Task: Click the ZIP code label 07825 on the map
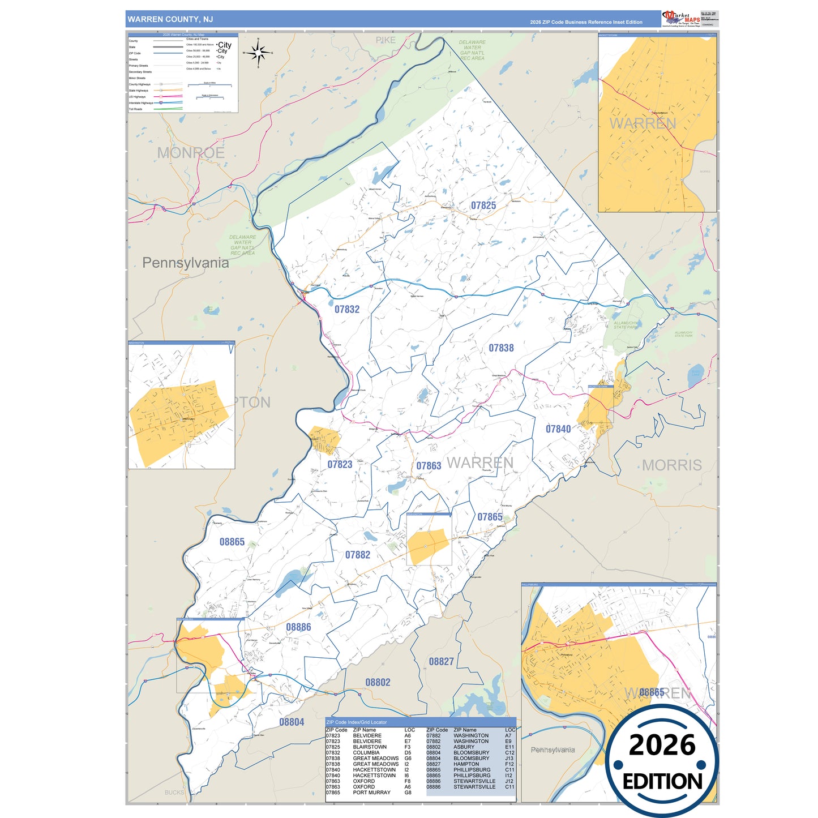click(483, 205)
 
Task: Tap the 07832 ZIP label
click(346, 309)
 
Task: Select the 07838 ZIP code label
click(501, 348)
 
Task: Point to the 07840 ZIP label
click(558, 429)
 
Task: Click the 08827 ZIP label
click(441, 661)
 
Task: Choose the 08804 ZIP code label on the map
click(292, 722)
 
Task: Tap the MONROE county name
click(191, 153)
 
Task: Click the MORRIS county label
click(671, 465)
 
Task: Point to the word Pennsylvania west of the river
click(186, 263)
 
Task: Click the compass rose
click(258, 53)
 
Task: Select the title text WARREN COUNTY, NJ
click(170, 19)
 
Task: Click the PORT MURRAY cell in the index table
click(371, 793)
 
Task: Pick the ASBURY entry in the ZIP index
click(464, 747)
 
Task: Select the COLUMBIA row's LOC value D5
click(408, 752)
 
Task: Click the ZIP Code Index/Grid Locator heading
click(357, 722)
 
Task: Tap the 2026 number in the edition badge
click(662, 745)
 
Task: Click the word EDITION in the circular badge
click(662, 782)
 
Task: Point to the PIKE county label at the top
click(386, 40)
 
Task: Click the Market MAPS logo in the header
click(680, 18)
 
